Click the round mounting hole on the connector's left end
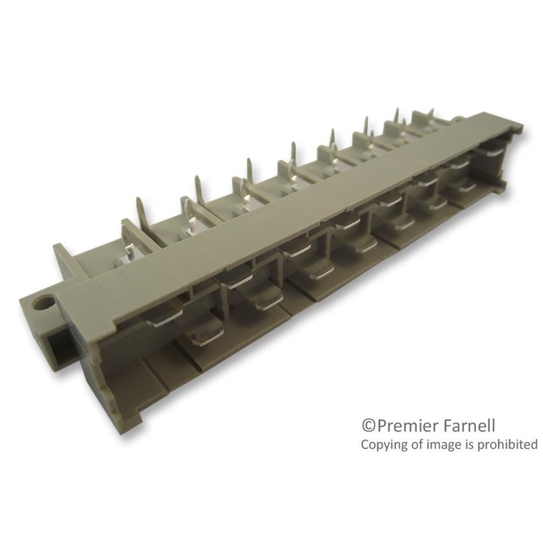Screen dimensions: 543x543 (x=48, y=300)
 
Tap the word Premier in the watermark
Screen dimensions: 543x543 (x=405, y=426)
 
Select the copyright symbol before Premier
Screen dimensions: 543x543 (x=367, y=426)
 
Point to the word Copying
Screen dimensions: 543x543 (x=382, y=445)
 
